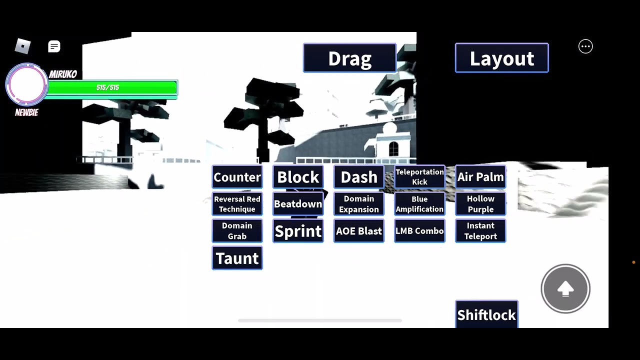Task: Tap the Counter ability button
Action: point(237,177)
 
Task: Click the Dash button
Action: point(359,177)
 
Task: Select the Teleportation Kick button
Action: point(419,177)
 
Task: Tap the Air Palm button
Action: point(480,177)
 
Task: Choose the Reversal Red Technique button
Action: point(237,203)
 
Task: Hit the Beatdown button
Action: point(298,203)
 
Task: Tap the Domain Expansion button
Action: point(359,203)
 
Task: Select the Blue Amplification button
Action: point(419,203)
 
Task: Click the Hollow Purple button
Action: point(480,203)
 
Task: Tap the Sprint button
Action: point(298,231)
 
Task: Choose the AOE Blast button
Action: point(359,231)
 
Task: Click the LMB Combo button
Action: point(419,231)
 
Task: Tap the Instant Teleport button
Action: point(480,231)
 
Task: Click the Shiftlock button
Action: point(486,314)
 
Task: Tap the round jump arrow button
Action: point(565,289)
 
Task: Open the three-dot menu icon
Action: point(585,46)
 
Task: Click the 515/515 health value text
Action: point(107,87)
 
